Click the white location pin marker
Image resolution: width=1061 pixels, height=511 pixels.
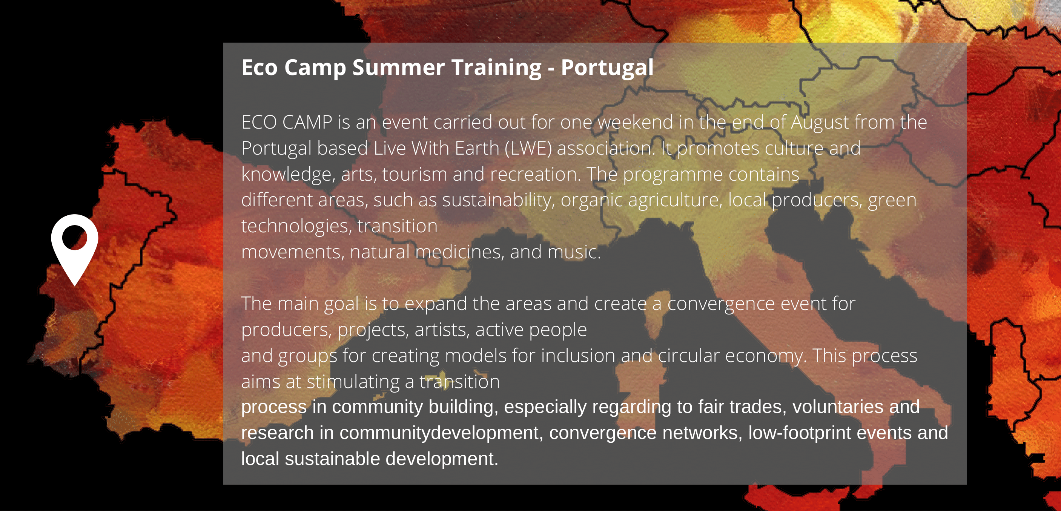75,247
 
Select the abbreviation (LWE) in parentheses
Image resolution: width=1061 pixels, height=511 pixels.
528,148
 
